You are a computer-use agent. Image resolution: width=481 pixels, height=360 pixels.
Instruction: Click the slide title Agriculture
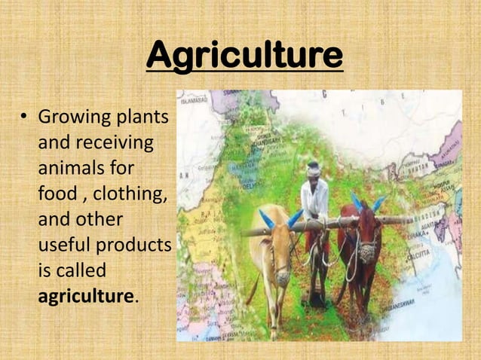(244, 56)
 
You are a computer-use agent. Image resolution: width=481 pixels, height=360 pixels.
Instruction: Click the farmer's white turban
(314, 169)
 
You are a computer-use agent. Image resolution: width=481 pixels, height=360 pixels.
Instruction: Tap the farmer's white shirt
(314, 199)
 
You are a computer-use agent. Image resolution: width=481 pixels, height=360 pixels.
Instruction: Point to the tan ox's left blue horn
(266, 219)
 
